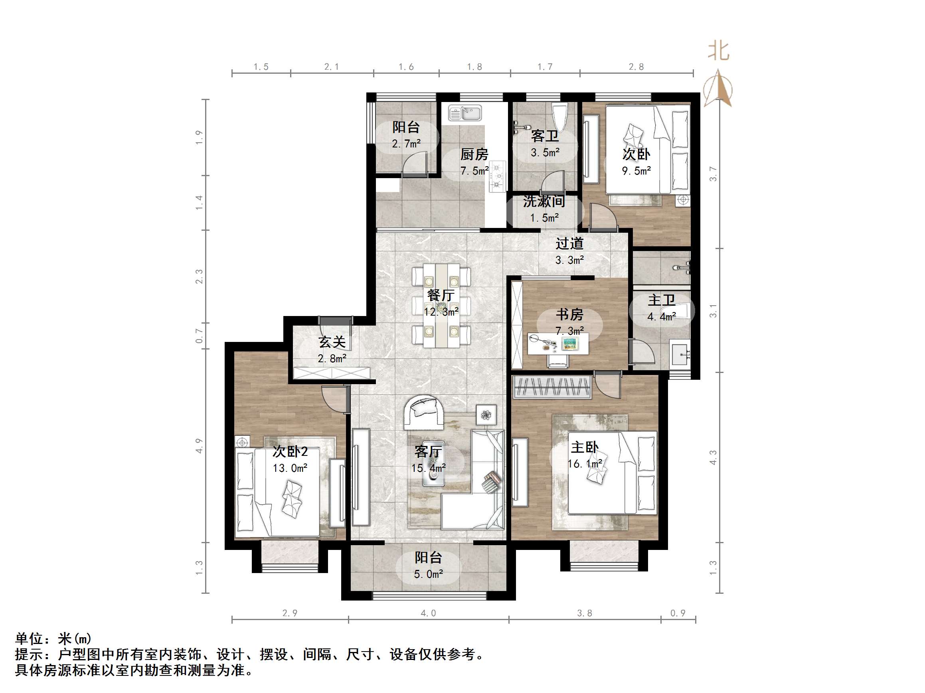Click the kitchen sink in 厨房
coord(465,113)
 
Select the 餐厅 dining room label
coord(441,295)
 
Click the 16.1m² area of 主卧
coord(585,464)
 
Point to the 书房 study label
coord(569,314)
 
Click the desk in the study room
coord(558,344)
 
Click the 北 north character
coord(718,51)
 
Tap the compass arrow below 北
coord(718,89)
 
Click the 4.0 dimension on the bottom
coord(428,613)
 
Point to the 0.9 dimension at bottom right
coord(678,613)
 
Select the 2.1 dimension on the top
coord(332,67)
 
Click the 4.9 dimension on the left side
coord(199,446)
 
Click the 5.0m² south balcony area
coord(428,574)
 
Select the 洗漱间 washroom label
coord(544,201)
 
